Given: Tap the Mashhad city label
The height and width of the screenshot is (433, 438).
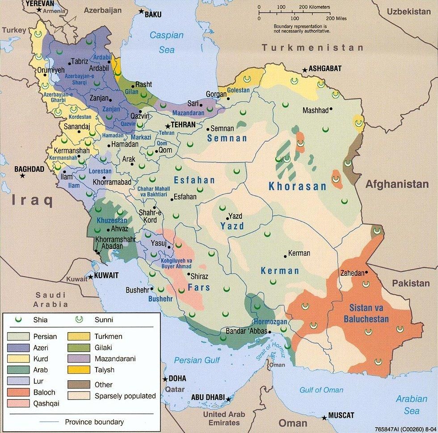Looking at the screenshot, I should point(315,110).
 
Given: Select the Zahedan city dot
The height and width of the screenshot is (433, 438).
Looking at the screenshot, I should point(367,273).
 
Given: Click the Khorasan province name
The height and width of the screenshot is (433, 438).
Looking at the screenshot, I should point(297,187).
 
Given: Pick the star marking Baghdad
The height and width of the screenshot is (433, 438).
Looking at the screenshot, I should point(22,176).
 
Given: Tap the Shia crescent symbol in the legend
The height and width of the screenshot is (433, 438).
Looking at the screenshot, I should point(19,319).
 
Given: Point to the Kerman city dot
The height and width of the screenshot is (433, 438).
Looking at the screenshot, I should point(286,256).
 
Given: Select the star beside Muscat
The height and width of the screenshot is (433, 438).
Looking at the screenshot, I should point(324,418).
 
